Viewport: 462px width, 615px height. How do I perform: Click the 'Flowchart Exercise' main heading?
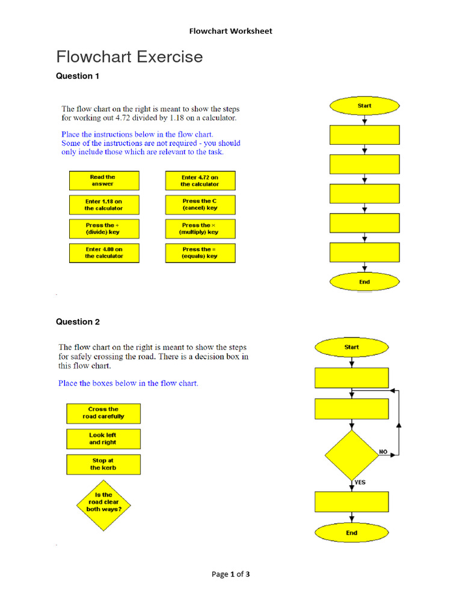pos(129,57)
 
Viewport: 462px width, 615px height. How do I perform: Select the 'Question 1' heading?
pos(78,76)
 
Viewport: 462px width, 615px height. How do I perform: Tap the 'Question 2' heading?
pos(78,322)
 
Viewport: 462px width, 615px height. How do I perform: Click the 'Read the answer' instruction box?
pos(103,181)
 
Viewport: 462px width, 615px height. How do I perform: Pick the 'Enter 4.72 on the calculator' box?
pos(200,181)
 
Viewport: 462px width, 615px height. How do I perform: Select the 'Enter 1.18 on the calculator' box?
pos(103,205)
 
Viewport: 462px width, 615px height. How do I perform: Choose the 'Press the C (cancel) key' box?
pos(200,205)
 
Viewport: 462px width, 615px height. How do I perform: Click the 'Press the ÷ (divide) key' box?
pos(103,229)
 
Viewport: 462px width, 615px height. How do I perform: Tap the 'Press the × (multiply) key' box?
pos(200,229)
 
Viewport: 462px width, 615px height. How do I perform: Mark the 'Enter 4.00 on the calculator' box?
pos(103,253)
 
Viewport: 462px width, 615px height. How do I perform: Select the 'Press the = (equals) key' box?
pos(200,253)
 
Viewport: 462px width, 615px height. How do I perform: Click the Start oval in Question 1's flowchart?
pos(365,106)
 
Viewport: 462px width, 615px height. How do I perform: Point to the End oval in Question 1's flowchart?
pos(365,282)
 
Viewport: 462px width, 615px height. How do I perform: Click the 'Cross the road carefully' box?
pos(103,413)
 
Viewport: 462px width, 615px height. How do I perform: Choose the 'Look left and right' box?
pos(103,439)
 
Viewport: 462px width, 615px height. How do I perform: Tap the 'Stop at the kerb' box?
pos(103,464)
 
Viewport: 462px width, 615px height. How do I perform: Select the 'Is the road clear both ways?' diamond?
pos(102,502)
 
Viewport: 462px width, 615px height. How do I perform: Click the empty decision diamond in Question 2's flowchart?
pos(352,455)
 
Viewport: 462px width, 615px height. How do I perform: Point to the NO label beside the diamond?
pos(383,451)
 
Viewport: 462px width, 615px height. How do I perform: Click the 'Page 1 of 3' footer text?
pos(230,574)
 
